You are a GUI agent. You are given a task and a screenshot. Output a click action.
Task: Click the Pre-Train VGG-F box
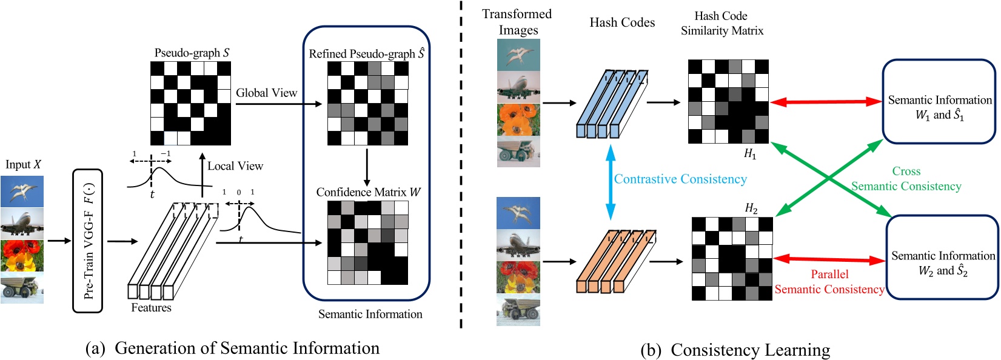87,241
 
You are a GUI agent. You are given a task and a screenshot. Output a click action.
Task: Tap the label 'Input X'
23,164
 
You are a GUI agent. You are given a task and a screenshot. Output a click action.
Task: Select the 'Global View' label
266,93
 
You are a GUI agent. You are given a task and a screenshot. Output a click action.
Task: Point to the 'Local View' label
235,165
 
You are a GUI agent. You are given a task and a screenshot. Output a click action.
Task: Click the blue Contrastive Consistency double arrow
611,182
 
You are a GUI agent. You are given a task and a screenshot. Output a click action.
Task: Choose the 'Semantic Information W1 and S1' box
939,101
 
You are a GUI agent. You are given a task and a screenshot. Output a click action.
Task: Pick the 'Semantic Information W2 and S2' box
943,257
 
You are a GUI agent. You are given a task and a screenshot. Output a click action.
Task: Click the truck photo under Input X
22,288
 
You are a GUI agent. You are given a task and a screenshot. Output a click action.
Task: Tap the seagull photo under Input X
22,192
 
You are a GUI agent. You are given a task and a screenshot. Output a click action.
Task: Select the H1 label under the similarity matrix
750,154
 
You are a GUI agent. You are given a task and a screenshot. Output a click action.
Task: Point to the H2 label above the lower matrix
751,208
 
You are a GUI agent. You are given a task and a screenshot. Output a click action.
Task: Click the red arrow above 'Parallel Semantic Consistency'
829,259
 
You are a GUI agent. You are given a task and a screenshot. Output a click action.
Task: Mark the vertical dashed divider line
461,164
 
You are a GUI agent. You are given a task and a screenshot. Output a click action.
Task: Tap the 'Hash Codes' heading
622,22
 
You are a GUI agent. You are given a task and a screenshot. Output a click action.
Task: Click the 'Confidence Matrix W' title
368,192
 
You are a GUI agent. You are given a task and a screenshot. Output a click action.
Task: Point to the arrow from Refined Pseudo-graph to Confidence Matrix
367,167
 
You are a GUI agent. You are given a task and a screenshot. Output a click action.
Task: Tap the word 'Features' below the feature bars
151,308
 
